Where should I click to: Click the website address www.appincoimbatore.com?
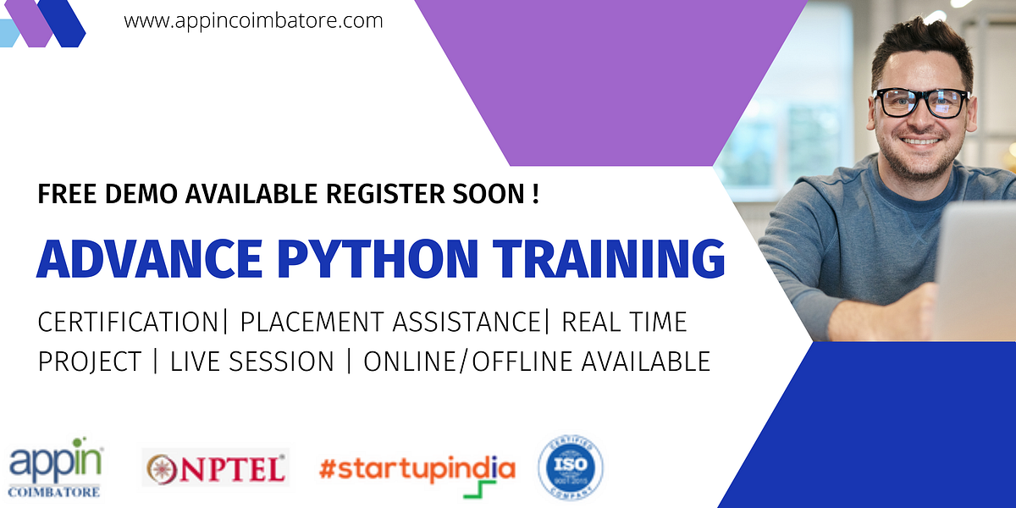(253, 20)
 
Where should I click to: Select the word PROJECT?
(89, 362)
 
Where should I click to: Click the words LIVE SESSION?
(252, 362)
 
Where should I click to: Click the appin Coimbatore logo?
(56, 468)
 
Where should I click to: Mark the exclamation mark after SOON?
(535, 195)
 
